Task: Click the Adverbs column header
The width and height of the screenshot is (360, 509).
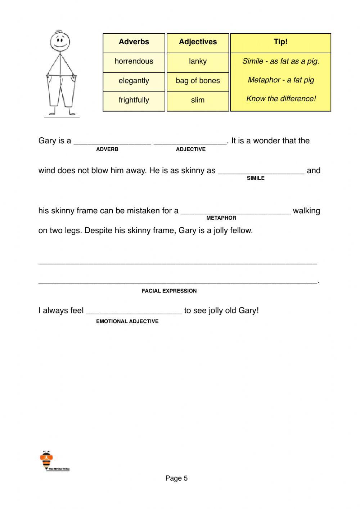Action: (x=134, y=42)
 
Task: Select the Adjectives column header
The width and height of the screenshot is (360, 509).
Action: (x=198, y=42)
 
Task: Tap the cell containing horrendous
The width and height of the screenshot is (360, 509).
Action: (x=134, y=61)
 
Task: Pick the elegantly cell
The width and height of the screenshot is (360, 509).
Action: (x=134, y=81)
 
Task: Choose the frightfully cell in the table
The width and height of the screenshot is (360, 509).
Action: (x=134, y=100)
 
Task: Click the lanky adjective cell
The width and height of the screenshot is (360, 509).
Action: (x=198, y=61)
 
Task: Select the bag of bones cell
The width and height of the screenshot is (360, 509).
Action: (x=198, y=81)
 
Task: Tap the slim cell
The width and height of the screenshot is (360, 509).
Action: (x=198, y=100)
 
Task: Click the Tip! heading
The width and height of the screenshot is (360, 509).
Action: (x=280, y=42)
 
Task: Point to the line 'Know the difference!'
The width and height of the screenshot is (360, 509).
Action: (x=281, y=99)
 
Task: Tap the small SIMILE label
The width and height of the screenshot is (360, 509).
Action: (x=256, y=178)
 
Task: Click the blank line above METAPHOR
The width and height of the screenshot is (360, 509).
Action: (x=235, y=212)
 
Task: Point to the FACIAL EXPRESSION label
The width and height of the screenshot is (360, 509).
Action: (x=169, y=291)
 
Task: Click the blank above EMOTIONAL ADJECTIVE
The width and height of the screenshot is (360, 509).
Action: (x=134, y=312)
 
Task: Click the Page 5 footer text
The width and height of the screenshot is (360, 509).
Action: (x=176, y=478)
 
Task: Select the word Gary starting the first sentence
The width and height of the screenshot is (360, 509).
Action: (x=47, y=141)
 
